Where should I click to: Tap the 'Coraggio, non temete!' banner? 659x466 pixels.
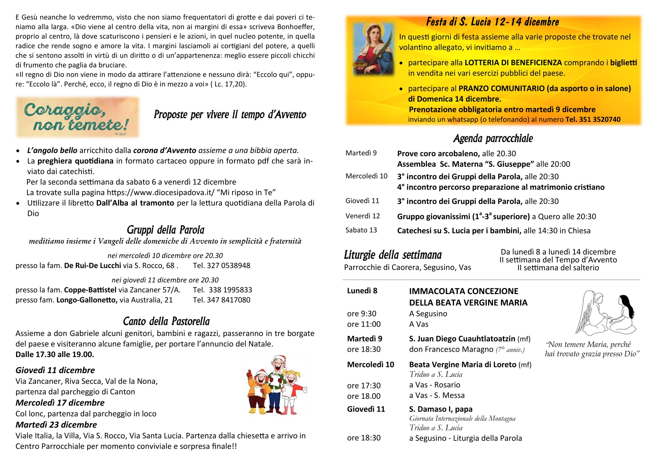(78, 117)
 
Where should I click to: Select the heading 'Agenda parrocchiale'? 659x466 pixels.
(493, 138)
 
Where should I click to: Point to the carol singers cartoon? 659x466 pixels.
(277, 385)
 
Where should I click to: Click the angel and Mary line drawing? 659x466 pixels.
(606, 313)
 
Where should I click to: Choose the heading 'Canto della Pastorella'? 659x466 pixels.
(166, 322)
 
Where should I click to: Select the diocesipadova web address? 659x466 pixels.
(161, 192)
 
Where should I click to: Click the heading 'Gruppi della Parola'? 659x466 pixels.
(166, 230)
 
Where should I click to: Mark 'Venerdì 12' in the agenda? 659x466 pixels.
(362, 216)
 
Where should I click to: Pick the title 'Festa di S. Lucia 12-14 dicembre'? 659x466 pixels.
(492, 22)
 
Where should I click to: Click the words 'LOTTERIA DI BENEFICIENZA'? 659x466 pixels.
(513, 63)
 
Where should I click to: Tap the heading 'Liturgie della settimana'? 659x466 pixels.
(393, 255)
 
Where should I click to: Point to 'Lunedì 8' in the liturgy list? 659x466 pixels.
(362, 291)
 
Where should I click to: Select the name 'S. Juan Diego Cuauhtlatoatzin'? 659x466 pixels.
(462, 339)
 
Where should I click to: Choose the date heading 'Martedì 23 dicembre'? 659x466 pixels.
(56, 425)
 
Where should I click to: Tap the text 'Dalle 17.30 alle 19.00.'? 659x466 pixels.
(55, 354)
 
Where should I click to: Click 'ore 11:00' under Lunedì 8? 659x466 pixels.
(364, 324)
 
